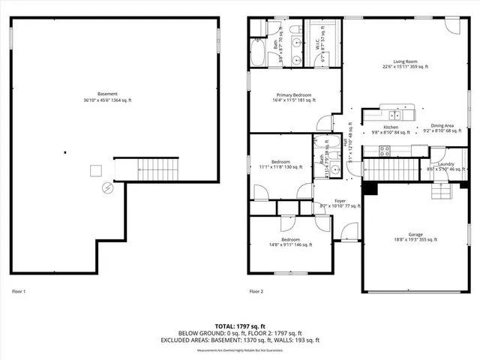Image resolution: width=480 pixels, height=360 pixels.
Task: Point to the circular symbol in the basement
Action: pos(106,187)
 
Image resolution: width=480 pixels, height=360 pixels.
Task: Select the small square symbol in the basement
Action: pos(95,170)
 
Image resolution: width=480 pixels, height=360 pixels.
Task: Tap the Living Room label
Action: pos(405,64)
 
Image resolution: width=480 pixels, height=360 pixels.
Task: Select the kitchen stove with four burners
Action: pos(384,149)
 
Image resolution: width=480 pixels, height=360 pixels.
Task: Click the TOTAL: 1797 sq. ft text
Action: pos(239,326)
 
